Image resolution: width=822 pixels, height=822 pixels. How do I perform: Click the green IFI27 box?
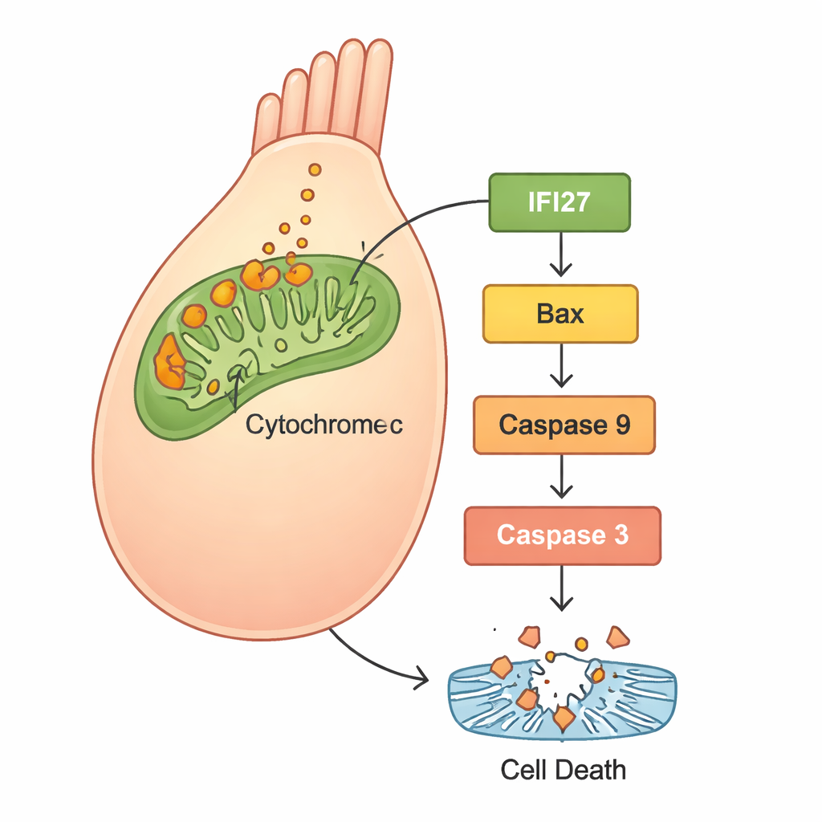coord(560,202)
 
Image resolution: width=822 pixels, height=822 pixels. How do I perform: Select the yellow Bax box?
coord(560,313)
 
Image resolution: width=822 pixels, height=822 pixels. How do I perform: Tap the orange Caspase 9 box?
coord(564,425)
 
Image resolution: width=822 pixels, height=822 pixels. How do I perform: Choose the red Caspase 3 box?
coord(562,535)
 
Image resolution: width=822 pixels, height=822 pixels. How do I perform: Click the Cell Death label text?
coord(563,770)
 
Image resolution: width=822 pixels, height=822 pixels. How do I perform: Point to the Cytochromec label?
coord(324,425)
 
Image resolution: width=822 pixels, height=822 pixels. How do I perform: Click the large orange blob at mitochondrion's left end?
coord(169,362)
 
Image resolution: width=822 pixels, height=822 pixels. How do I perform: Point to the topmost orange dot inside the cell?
coord(315,169)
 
